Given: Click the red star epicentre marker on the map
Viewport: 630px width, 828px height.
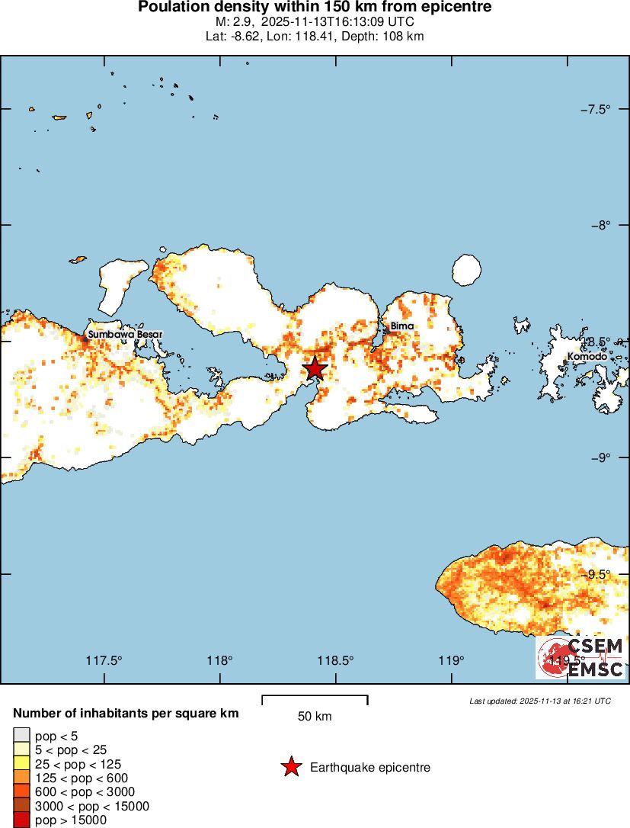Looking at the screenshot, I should (x=315, y=369).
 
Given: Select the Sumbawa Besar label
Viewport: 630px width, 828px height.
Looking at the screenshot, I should (x=124, y=334).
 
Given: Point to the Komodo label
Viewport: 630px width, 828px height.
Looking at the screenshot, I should (x=587, y=357).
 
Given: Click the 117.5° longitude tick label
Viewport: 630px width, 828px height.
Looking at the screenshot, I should (x=104, y=660).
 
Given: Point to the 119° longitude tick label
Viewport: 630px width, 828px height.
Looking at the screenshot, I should (x=452, y=660).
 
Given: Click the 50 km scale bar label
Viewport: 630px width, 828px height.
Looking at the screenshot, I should (x=315, y=717).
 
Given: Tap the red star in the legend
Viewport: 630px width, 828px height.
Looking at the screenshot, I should (x=291, y=767).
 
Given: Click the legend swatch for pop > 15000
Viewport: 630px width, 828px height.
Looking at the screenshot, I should (x=21, y=820).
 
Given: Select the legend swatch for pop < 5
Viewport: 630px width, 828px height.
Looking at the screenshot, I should (x=21, y=736).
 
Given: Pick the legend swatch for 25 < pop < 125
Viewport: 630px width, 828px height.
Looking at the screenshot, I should (x=21, y=764).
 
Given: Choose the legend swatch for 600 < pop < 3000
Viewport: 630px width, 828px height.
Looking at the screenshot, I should (x=21, y=792).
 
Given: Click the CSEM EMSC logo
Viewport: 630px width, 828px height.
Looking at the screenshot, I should (x=580, y=657).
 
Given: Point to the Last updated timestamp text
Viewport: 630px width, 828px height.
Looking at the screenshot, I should (x=540, y=701).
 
